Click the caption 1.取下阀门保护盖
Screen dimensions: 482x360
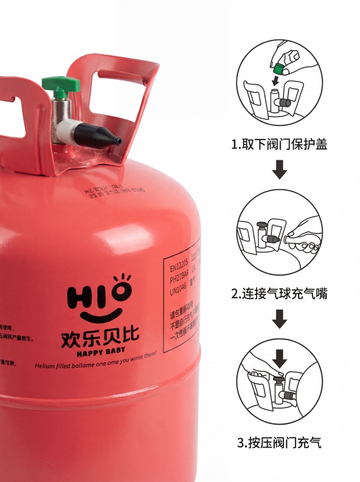tap(280, 144)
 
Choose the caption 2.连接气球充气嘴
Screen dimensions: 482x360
tap(280, 294)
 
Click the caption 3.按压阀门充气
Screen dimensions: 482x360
tap(280, 443)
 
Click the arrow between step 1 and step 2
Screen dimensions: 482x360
tap(280, 170)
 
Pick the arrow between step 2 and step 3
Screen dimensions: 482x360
tap(280, 318)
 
